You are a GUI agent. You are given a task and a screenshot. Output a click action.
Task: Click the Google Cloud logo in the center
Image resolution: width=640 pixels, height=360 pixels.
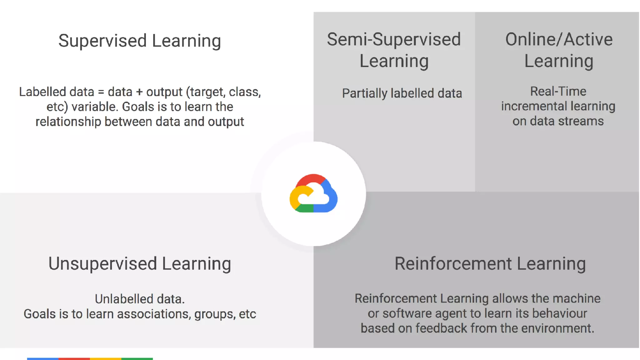pyautogui.click(x=313, y=193)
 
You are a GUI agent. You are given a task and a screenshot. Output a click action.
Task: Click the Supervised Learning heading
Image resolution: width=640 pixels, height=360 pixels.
pyautogui.click(x=139, y=41)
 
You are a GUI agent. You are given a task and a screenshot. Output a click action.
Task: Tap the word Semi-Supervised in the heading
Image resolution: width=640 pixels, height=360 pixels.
pyautogui.click(x=394, y=39)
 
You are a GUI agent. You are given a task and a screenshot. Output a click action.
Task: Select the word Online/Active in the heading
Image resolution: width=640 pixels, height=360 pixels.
pyautogui.click(x=559, y=39)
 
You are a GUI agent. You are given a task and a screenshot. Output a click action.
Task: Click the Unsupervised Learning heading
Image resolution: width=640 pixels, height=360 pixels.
pyautogui.click(x=139, y=263)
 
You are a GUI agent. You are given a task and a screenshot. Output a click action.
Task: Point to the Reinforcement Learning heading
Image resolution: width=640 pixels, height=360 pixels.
pyautogui.click(x=490, y=263)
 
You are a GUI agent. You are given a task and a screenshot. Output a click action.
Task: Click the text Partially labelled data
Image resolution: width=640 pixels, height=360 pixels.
pyautogui.click(x=402, y=93)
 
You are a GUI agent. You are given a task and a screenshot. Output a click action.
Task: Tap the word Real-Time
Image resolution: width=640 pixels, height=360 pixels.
pyautogui.click(x=558, y=91)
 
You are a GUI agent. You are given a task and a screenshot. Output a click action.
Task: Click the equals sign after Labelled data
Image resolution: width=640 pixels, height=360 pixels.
pyautogui.click(x=101, y=92)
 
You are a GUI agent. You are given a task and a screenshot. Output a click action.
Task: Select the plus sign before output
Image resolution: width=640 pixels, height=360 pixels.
pyautogui.click(x=139, y=92)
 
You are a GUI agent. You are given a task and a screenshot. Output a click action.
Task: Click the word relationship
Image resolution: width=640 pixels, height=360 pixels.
pyautogui.click(x=68, y=122)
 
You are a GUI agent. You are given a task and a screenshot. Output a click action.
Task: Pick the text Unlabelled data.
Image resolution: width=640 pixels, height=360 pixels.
pyautogui.click(x=139, y=299)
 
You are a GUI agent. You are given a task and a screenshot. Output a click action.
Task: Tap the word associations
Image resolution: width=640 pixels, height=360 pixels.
pyautogui.click(x=154, y=314)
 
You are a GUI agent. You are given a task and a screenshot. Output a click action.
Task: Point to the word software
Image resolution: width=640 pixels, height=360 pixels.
pyautogui.click(x=407, y=313)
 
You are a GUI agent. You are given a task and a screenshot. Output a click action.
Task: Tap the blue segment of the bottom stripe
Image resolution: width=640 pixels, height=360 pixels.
pyautogui.click(x=43, y=359)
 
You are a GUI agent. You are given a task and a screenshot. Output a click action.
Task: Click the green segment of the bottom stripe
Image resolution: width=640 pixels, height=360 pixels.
pyautogui.click(x=137, y=359)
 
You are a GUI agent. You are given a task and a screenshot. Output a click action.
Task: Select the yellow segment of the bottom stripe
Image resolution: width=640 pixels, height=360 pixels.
pyautogui.click(x=106, y=359)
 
